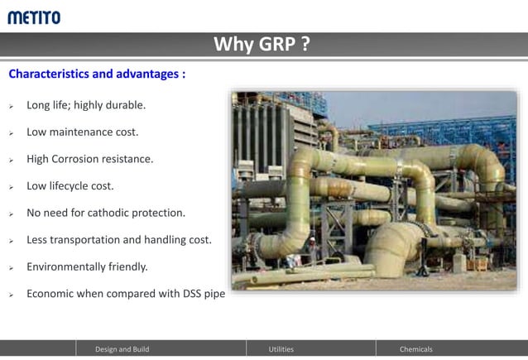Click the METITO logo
(34, 17)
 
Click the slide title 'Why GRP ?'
(262, 45)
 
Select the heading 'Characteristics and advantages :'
(97, 74)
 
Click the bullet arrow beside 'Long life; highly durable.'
(12, 107)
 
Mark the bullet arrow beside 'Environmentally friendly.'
(12, 268)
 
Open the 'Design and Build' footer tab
(122, 349)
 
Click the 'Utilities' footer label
(281, 349)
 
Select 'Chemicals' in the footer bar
(415, 349)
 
